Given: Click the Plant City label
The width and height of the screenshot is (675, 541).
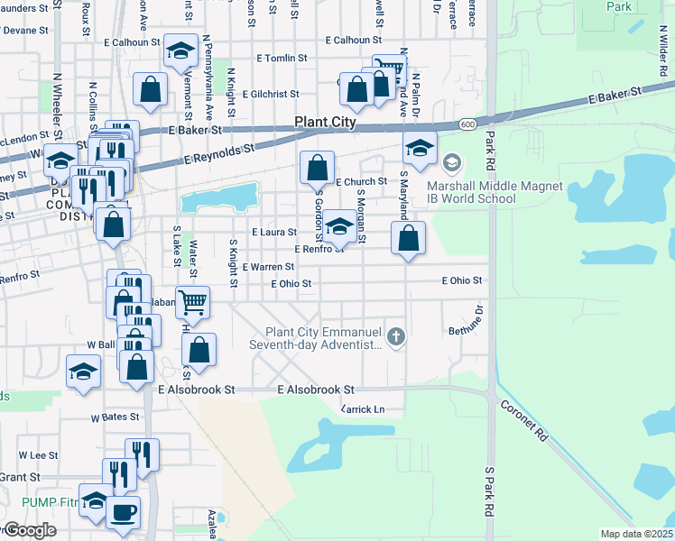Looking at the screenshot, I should pyautogui.click(x=325, y=123).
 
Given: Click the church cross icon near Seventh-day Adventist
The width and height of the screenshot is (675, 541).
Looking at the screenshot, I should pyautogui.click(x=395, y=338).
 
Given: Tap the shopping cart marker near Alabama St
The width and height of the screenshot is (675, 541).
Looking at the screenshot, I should pyautogui.click(x=192, y=304).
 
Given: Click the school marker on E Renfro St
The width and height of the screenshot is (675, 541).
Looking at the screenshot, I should pyautogui.click(x=339, y=225).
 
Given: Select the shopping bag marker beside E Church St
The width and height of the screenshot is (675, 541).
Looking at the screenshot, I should pyautogui.click(x=318, y=167).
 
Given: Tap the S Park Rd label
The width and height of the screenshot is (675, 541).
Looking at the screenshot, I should pyautogui.click(x=490, y=491).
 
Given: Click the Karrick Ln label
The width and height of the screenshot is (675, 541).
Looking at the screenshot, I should pyautogui.click(x=362, y=409).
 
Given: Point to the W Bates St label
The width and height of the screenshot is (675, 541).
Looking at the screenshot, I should pyautogui.click(x=115, y=417).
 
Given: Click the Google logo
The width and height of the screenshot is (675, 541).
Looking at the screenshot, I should pyautogui.click(x=30, y=530).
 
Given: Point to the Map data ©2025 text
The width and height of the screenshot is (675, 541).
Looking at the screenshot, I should pyautogui.click(x=635, y=534).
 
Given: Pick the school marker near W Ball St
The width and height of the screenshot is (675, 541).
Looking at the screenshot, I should pyautogui.click(x=84, y=371).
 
